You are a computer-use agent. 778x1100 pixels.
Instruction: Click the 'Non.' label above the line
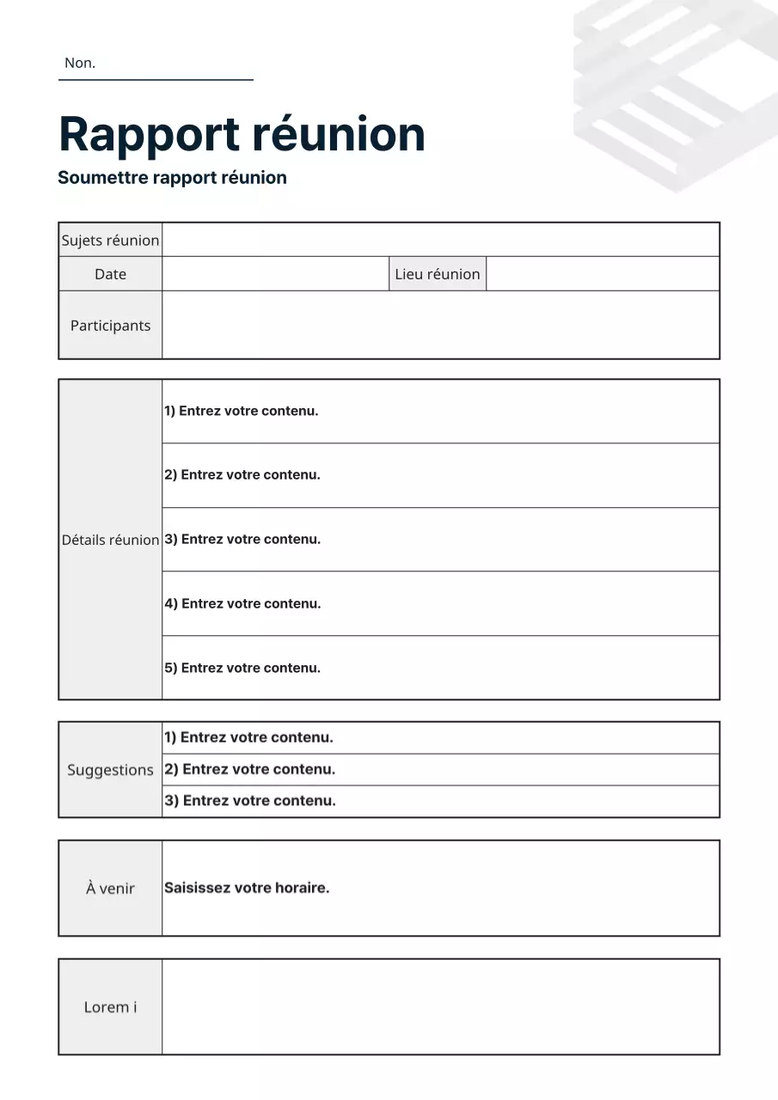tap(80, 63)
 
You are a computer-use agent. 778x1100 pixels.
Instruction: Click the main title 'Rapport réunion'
tap(242, 134)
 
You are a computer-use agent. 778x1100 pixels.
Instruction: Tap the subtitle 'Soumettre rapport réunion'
tap(172, 178)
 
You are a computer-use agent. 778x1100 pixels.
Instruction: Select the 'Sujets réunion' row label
tap(110, 241)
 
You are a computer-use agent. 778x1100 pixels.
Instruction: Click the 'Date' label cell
tap(110, 274)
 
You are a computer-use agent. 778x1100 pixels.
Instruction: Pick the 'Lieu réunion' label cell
tap(437, 274)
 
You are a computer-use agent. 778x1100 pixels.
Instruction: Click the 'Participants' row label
tap(110, 325)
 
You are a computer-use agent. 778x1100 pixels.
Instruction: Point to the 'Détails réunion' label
tap(110, 540)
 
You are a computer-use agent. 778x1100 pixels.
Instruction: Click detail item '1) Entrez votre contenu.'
tap(242, 411)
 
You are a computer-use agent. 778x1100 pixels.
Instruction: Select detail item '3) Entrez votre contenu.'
tap(242, 539)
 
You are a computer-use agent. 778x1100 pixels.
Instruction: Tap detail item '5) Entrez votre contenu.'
tap(242, 668)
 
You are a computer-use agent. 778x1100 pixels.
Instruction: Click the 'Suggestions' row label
tap(110, 770)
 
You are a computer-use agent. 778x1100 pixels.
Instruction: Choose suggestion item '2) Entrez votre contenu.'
tap(250, 769)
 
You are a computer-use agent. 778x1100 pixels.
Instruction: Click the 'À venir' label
tap(110, 889)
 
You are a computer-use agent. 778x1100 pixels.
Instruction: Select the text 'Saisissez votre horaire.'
tap(247, 888)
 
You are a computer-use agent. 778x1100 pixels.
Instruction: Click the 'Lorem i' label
tap(110, 1007)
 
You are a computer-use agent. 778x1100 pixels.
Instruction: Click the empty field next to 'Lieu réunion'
tap(602, 274)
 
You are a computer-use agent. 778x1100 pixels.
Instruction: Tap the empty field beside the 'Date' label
tap(275, 274)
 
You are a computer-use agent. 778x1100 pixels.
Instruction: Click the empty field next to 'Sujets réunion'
tap(440, 240)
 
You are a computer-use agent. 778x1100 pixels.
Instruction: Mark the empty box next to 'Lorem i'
tap(440, 1006)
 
